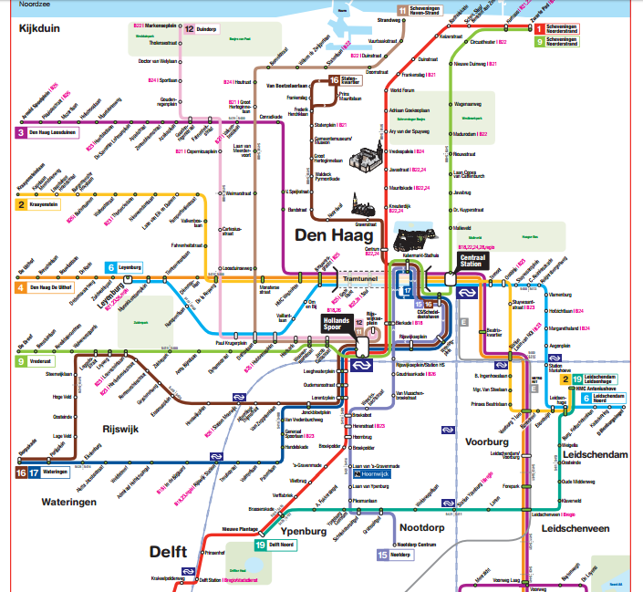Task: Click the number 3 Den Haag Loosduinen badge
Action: [21, 133]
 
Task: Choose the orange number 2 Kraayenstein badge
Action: [21, 205]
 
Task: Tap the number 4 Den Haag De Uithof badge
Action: [21, 288]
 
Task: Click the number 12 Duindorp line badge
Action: [189, 29]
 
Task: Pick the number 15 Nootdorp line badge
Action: [382, 555]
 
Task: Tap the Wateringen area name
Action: [68, 502]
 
